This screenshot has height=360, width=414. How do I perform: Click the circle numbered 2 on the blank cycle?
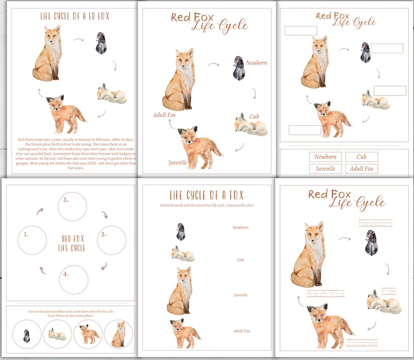pyautogui.click(x=72, y=207)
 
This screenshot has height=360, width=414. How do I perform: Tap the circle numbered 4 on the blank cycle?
pyautogui.click(x=74, y=280)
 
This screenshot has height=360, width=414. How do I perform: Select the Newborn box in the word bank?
pyautogui.click(x=325, y=157)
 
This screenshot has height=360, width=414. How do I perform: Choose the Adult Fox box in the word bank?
pyautogui.click(x=361, y=169)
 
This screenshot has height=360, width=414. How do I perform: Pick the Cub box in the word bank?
pyautogui.click(x=361, y=157)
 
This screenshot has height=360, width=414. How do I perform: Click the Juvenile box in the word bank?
pyautogui.click(x=325, y=169)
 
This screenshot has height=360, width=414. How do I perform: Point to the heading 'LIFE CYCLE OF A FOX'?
pyautogui.click(x=206, y=196)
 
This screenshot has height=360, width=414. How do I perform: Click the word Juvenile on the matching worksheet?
pyautogui.click(x=240, y=295)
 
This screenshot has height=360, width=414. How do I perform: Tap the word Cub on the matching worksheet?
pyautogui.click(x=240, y=259)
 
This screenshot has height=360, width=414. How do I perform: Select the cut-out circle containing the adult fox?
pyautogui.click(x=118, y=334)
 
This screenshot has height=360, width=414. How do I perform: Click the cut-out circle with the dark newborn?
pyautogui.click(x=27, y=334)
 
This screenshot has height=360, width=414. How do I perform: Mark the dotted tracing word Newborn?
pyautogui.click(x=375, y=223)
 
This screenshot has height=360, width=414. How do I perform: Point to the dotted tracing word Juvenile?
pyautogui.click(x=362, y=343)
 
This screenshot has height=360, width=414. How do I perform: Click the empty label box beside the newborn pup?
pyautogui.click(x=387, y=49)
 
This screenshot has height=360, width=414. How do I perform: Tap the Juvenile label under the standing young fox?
pyautogui.click(x=177, y=162)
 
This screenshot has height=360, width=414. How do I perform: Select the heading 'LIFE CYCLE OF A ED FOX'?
pyautogui.click(x=75, y=16)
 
